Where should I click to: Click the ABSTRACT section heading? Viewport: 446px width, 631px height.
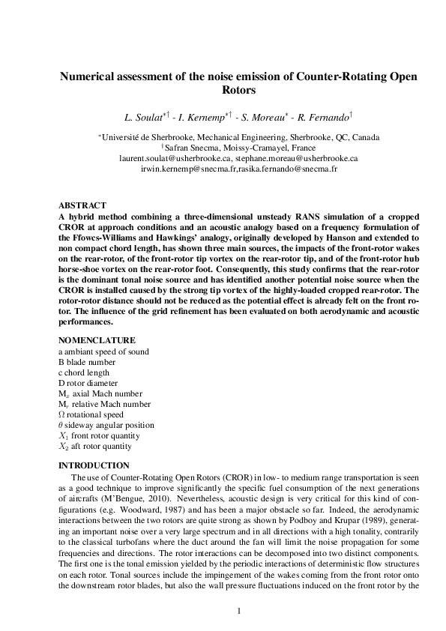coord(82,205)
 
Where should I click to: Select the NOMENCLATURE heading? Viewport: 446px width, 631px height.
coord(97,340)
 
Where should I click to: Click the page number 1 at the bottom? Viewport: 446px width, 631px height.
coord(238,611)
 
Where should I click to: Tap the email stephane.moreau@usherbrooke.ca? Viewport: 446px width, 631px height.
coord(296,159)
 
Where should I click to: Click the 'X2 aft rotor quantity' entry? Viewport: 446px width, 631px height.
coord(95,446)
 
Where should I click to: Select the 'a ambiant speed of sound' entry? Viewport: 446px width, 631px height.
coord(103,351)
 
